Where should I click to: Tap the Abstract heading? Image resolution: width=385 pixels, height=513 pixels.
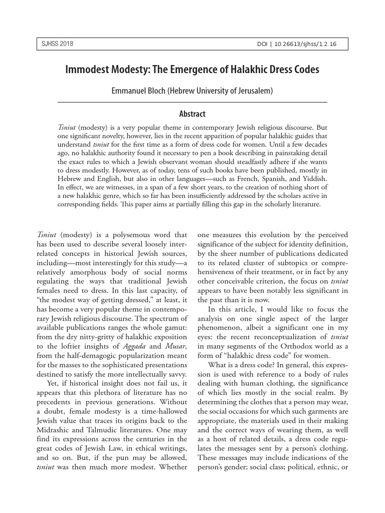tap(192, 114)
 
